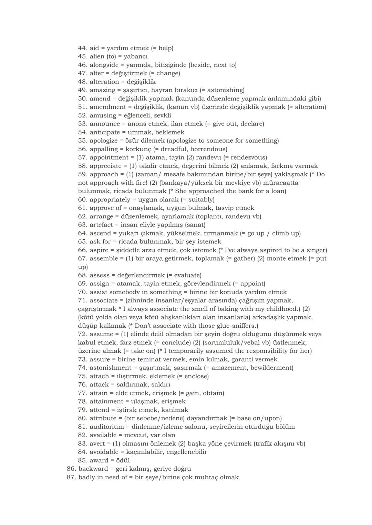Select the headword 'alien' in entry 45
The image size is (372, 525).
(x=97, y=56)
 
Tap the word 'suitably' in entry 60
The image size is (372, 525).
(x=200, y=200)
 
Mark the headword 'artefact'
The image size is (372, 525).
(x=101, y=225)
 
